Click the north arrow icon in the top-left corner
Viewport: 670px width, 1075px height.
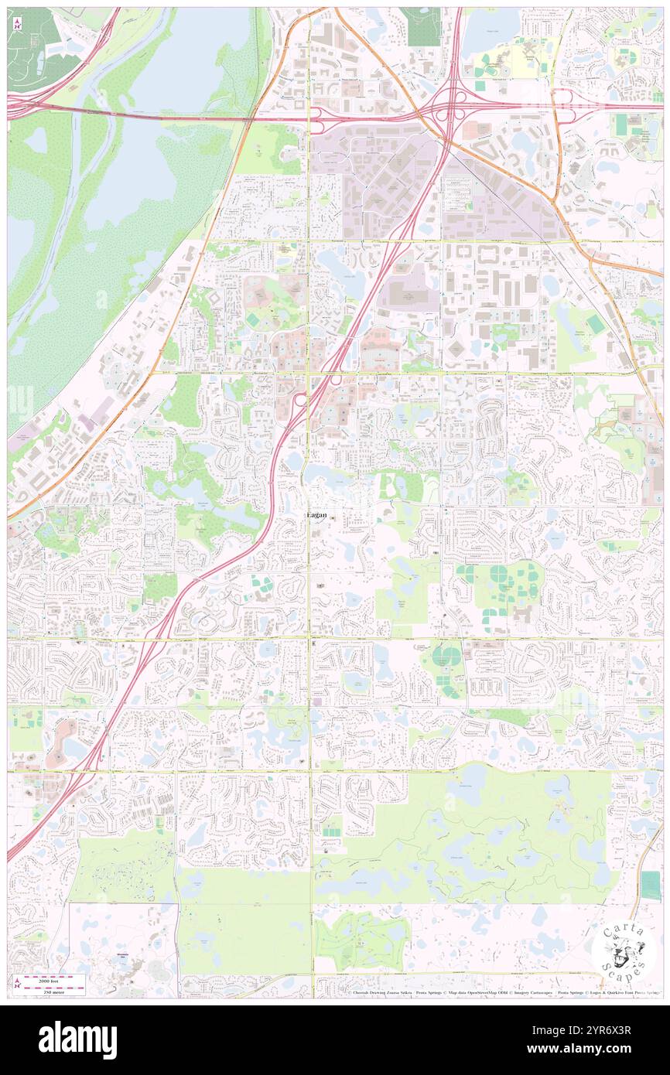(x=17, y=23)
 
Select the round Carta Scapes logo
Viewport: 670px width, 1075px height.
(x=623, y=950)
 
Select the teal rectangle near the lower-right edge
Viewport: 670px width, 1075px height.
(x=651, y=886)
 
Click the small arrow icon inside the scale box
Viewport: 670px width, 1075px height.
(x=17, y=981)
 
